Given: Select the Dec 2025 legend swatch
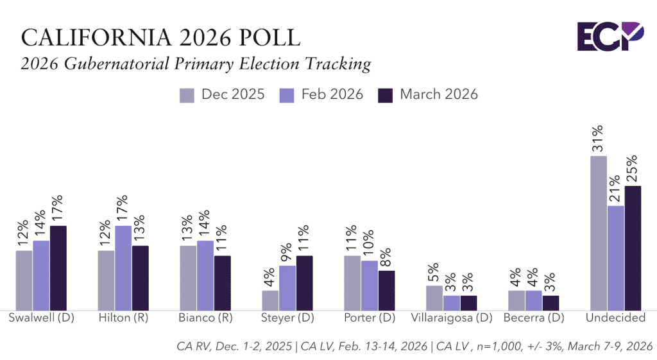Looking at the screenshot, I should (x=187, y=95).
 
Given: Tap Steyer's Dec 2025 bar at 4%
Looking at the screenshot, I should (x=270, y=300).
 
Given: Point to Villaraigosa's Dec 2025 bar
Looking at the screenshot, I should (x=434, y=298).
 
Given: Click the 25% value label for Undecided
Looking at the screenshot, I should (x=632, y=167).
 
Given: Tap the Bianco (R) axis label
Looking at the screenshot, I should (x=205, y=318).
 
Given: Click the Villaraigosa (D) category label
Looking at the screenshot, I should (x=452, y=318).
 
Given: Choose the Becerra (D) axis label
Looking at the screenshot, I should (x=534, y=318).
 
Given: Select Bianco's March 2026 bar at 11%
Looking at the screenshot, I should (x=223, y=283).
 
